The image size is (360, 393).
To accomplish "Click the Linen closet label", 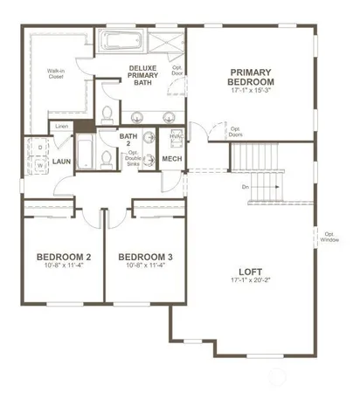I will pyautogui.click(x=61, y=127).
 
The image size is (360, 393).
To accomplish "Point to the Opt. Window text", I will pyautogui.click(x=329, y=237).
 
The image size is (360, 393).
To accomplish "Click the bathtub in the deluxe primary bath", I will pyautogui.click(x=123, y=43).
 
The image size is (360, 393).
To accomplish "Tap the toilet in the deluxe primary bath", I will pyautogui.click(x=107, y=114).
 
